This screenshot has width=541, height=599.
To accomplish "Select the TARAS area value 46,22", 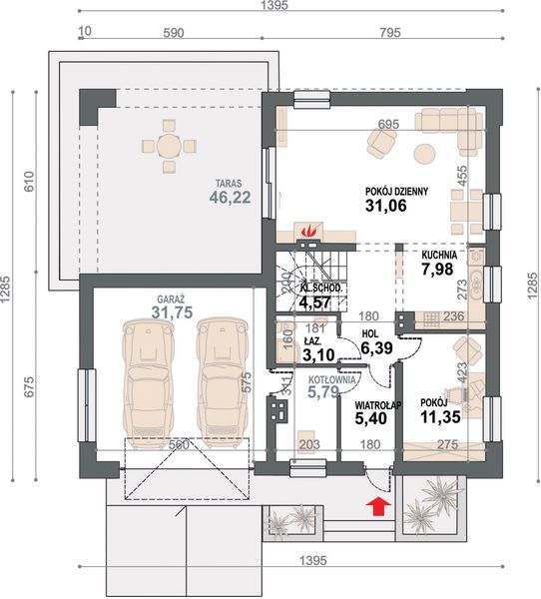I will point(230,198).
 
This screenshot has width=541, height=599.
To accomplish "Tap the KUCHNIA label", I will point(439,255).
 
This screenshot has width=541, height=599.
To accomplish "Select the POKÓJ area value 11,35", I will point(440,417).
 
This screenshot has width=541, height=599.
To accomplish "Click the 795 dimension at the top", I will point(390,33).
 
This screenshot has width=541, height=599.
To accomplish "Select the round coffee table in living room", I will point(426,154).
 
